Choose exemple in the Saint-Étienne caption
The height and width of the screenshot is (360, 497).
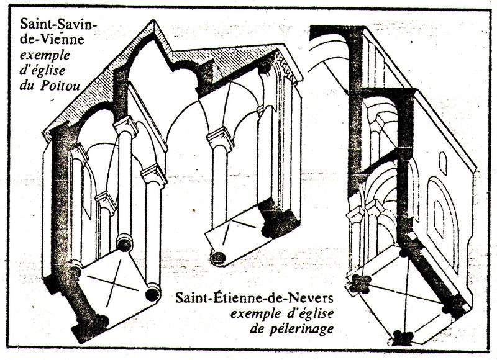[258, 313]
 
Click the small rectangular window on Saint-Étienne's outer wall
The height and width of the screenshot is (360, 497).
[442, 162]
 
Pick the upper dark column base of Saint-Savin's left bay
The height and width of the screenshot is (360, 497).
[124, 244]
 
